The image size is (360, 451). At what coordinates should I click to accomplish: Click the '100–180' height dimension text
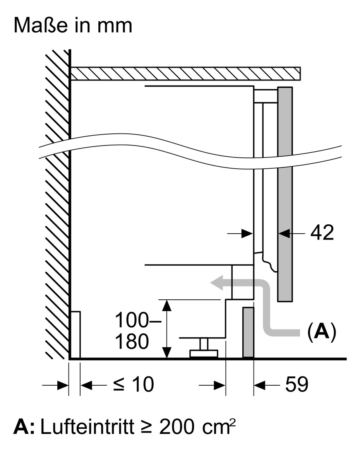[132, 331]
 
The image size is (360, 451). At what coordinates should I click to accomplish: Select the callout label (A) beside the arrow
[321, 331]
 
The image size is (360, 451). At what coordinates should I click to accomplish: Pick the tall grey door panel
[285, 193]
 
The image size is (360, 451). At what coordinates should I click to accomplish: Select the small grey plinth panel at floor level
[248, 333]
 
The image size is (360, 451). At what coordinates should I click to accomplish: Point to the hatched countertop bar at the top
[185, 73]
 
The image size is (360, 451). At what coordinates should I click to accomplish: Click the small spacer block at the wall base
[75, 335]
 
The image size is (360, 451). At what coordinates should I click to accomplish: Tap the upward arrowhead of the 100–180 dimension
[166, 305]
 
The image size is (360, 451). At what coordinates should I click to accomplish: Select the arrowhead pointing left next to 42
[284, 233]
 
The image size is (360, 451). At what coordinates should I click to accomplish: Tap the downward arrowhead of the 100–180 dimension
[166, 353]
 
